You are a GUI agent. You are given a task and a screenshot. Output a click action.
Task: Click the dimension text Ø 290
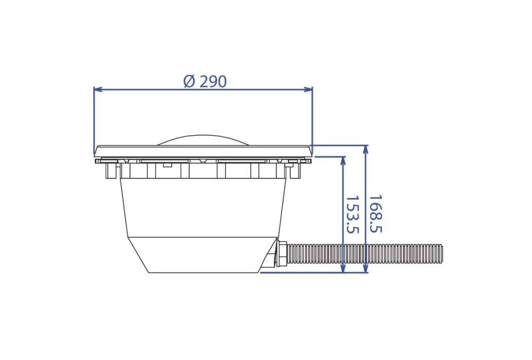[205, 81]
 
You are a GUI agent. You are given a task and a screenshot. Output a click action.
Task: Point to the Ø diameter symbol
[189, 81]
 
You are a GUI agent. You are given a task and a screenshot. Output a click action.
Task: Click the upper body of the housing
[203, 206]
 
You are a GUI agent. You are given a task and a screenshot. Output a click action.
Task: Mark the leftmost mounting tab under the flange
[109, 170]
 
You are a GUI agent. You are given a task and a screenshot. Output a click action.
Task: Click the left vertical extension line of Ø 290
[94, 118]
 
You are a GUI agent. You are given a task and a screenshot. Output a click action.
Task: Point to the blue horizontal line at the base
[314, 273]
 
